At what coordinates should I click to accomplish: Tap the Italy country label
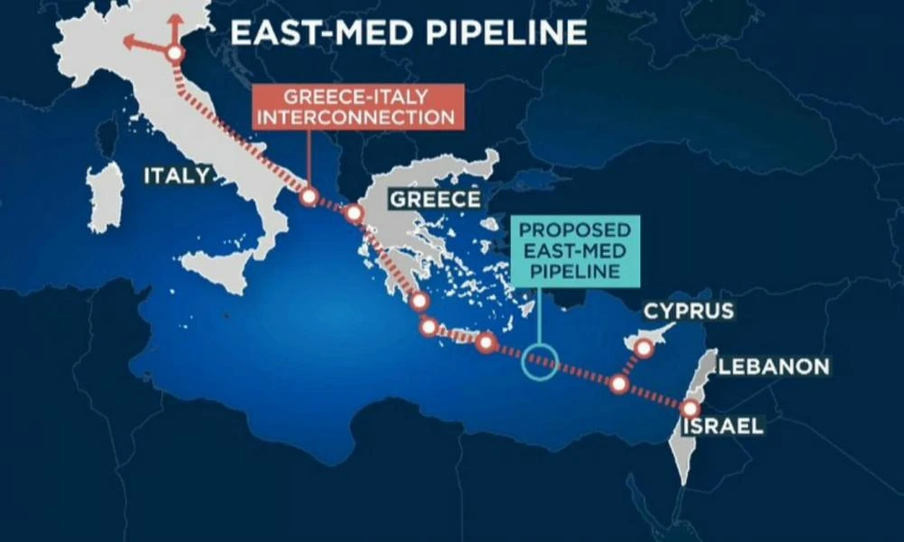(x=175, y=175)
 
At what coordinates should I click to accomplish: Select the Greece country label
(x=434, y=199)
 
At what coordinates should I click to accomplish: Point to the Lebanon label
(x=774, y=366)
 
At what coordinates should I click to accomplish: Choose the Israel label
(x=723, y=426)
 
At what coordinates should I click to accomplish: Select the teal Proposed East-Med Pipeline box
(x=575, y=246)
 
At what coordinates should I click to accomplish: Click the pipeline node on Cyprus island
(x=645, y=348)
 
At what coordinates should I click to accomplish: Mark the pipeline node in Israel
(x=692, y=408)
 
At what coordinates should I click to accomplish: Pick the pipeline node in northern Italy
(x=174, y=54)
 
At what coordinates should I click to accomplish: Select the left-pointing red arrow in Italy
(x=136, y=41)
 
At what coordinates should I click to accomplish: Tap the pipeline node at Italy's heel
(x=308, y=196)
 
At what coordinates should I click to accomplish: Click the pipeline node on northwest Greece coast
(x=353, y=214)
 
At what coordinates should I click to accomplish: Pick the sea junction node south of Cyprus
(x=619, y=384)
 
